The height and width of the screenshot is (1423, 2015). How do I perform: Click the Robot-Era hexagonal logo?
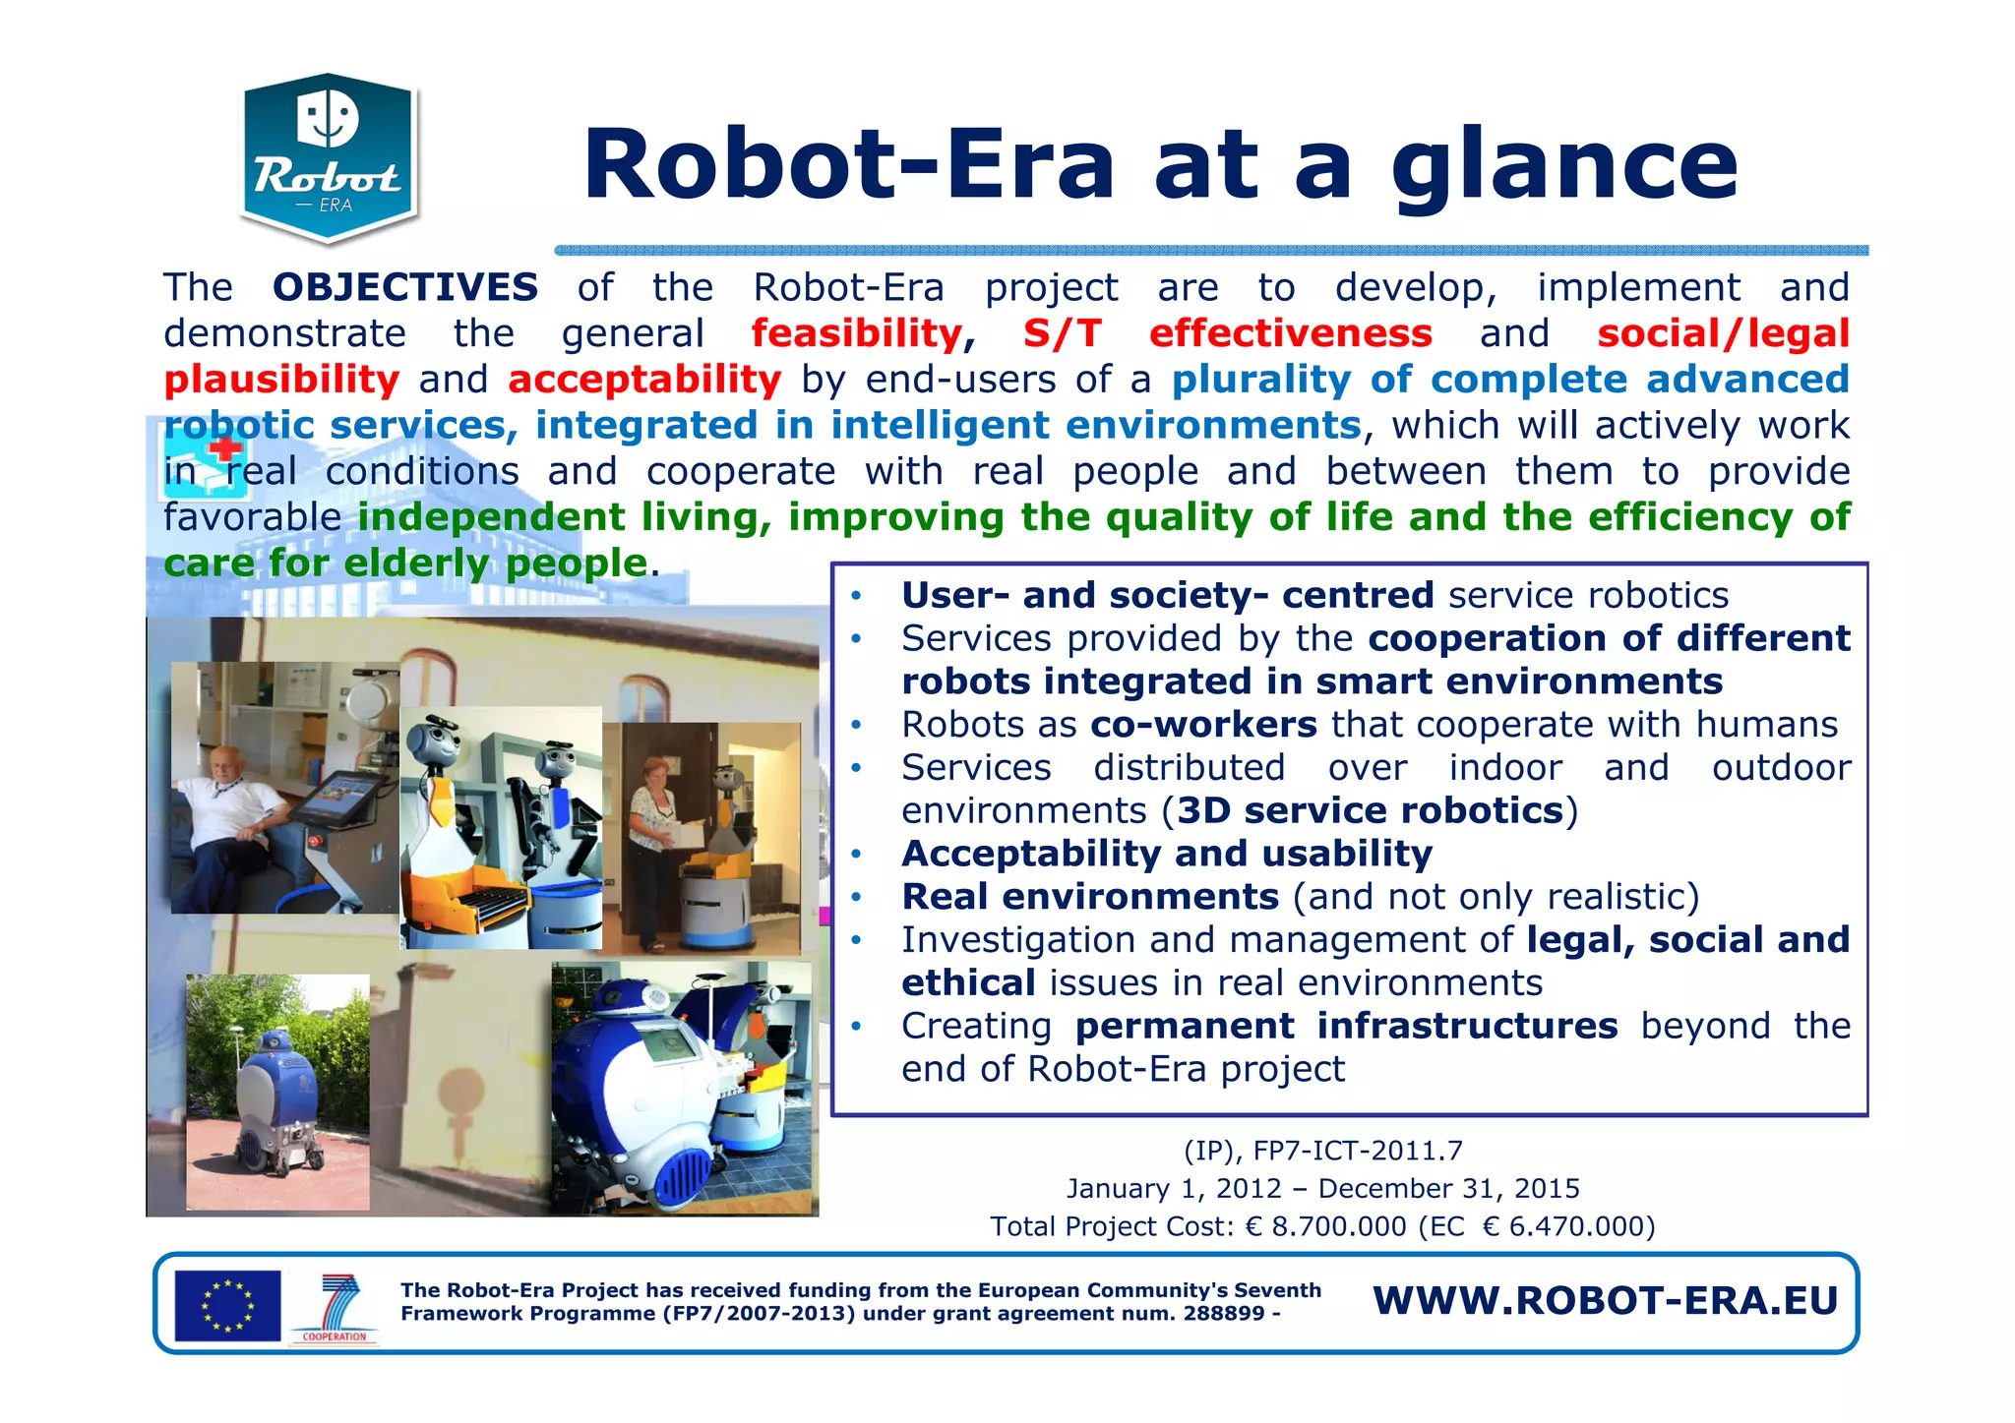330,157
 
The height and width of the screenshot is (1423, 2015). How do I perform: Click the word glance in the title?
1564,167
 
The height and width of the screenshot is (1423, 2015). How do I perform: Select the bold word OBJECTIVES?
405,288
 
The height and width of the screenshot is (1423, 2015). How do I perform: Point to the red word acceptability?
644,380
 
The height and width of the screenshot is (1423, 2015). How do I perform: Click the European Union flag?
227,1306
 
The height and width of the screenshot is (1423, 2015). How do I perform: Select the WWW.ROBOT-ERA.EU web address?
1605,1301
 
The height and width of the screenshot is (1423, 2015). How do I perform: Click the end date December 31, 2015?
1448,1189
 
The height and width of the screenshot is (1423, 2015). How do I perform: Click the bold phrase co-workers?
1203,725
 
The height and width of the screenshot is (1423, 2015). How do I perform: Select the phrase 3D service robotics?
1370,811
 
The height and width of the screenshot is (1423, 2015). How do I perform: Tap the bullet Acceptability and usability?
1166,854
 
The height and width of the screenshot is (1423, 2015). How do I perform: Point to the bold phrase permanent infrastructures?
1346,1027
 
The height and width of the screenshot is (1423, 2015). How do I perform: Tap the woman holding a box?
653,826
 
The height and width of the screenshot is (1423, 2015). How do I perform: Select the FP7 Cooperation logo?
335,1308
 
